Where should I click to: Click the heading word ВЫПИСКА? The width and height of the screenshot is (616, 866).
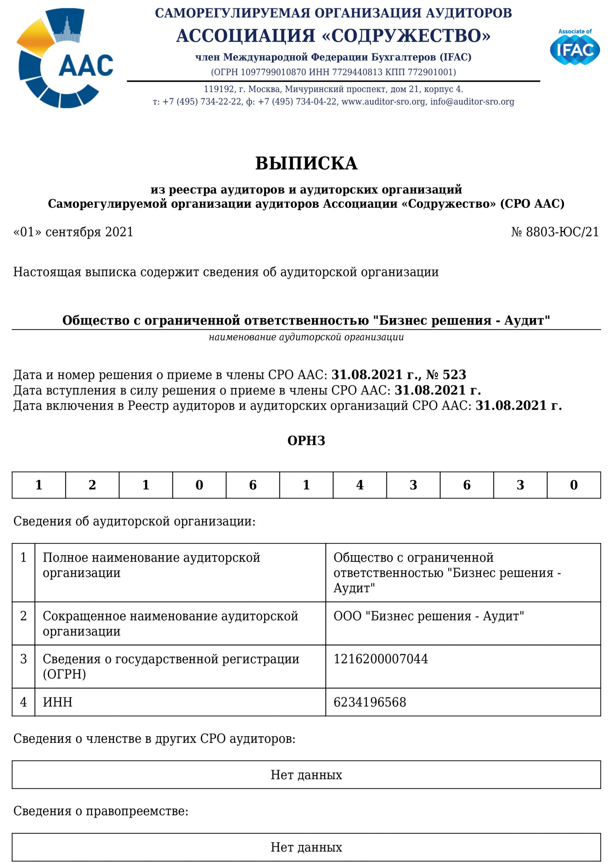tap(306, 163)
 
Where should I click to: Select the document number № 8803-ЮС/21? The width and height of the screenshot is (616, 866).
tap(554, 232)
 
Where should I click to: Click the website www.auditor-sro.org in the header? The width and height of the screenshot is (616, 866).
tap(383, 102)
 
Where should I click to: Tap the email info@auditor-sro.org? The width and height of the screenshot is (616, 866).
tap(472, 102)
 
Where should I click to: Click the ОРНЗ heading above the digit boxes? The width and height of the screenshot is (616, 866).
tap(306, 441)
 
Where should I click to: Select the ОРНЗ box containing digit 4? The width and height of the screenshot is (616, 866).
tap(360, 485)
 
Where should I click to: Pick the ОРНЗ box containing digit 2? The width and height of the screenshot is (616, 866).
tap(92, 485)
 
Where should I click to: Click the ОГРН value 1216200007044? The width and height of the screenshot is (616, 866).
tap(381, 659)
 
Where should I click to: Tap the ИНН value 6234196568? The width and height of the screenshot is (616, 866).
tap(369, 702)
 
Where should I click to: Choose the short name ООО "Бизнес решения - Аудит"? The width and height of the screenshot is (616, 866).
tap(428, 616)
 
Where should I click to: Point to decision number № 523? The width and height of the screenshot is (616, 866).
tap(446, 375)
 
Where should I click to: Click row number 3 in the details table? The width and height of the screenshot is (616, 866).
tap(24, 659)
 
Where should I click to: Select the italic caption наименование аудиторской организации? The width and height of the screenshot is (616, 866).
tap(306, 337)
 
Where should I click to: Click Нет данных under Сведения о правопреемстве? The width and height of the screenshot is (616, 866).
tap(306, 847)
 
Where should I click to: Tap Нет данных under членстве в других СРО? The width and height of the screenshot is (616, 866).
tap(306, 775)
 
